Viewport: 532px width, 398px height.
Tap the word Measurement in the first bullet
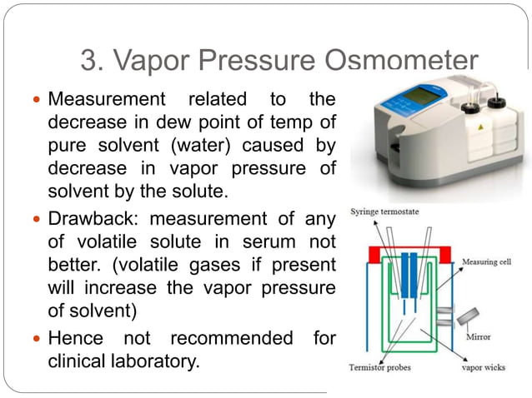[x=109, y=100]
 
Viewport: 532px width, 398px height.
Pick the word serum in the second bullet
[x=268, y=242]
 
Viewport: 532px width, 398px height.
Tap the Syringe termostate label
[x=384, y=212]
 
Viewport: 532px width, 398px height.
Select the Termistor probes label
[x=385, y=367]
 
